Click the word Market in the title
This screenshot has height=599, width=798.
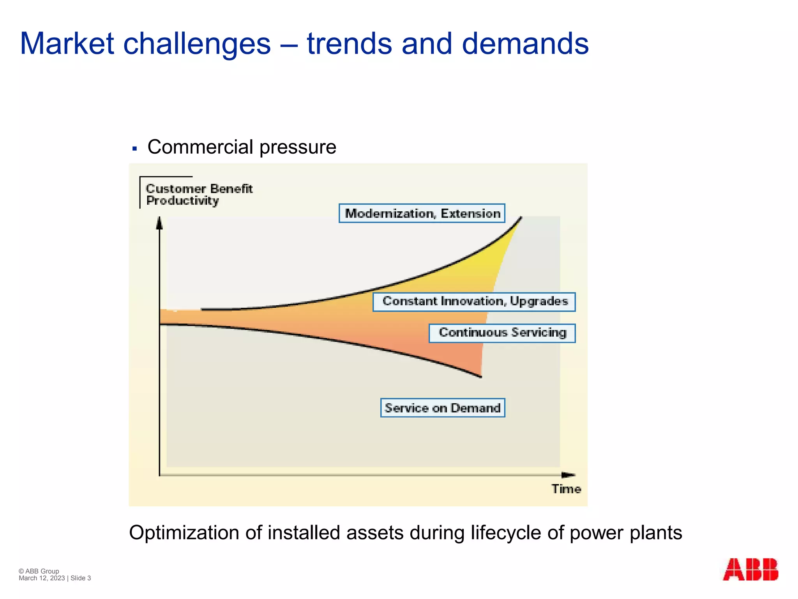click(67, 44)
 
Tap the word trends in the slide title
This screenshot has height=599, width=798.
click(349, 44)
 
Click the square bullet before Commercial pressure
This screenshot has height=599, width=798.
click(135, 149)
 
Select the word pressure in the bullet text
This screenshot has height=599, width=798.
click(298, 147)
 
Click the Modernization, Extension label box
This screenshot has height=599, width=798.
click(422, 213)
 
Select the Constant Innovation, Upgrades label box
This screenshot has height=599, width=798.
click(474, 302)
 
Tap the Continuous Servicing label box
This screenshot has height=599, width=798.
click(502, 333)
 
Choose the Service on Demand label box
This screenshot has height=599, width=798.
click(443, 408)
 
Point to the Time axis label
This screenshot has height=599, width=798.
click(566, 489)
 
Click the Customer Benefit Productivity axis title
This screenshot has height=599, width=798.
click(199, 194)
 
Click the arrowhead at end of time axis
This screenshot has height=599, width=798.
click(568, 475)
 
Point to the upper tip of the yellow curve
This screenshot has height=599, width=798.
click(521, 218)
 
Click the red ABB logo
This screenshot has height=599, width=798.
click(750, 570)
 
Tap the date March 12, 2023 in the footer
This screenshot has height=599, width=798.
click(42, 578)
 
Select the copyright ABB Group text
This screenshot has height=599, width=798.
click(39, 571)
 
